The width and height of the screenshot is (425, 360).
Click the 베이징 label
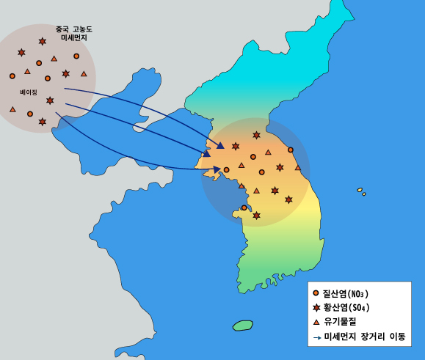pyautogui.click(x=29, y=92)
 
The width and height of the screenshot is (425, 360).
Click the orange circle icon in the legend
pyautogui.click(x=316, y=294)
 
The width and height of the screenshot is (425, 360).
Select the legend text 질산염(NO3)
pyautogui.click(x=351, y=294)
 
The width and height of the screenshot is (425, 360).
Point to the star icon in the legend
pyautogui.click(x=316, y=308)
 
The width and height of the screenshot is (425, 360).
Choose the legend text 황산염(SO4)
pyautogui.click(x=351, y=308)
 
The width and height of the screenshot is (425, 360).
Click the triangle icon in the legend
pyautogui.click(x=316, y=323)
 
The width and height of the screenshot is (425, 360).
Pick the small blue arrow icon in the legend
pyautogui.click(x=316, y=338)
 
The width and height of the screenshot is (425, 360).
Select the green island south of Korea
pyautogui.click(x=242, y=325)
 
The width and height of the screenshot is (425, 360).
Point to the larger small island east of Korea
pyautogui.click(x=360, y=190)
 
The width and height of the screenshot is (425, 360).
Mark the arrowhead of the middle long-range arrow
pyautogui.click(x=207, y=153)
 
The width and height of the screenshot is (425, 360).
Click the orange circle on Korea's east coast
pyautogui.click(x=291, y=150)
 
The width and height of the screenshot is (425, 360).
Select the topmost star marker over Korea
pyautogui.click(x=256, y=135)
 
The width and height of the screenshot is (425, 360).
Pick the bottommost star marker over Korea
pyautogui.click(x=256, y=216)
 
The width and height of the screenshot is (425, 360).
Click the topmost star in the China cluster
pyautogui.click(x=43, y=41)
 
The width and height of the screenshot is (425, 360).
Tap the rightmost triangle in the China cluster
pyautogui.click(x=84, y=74)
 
